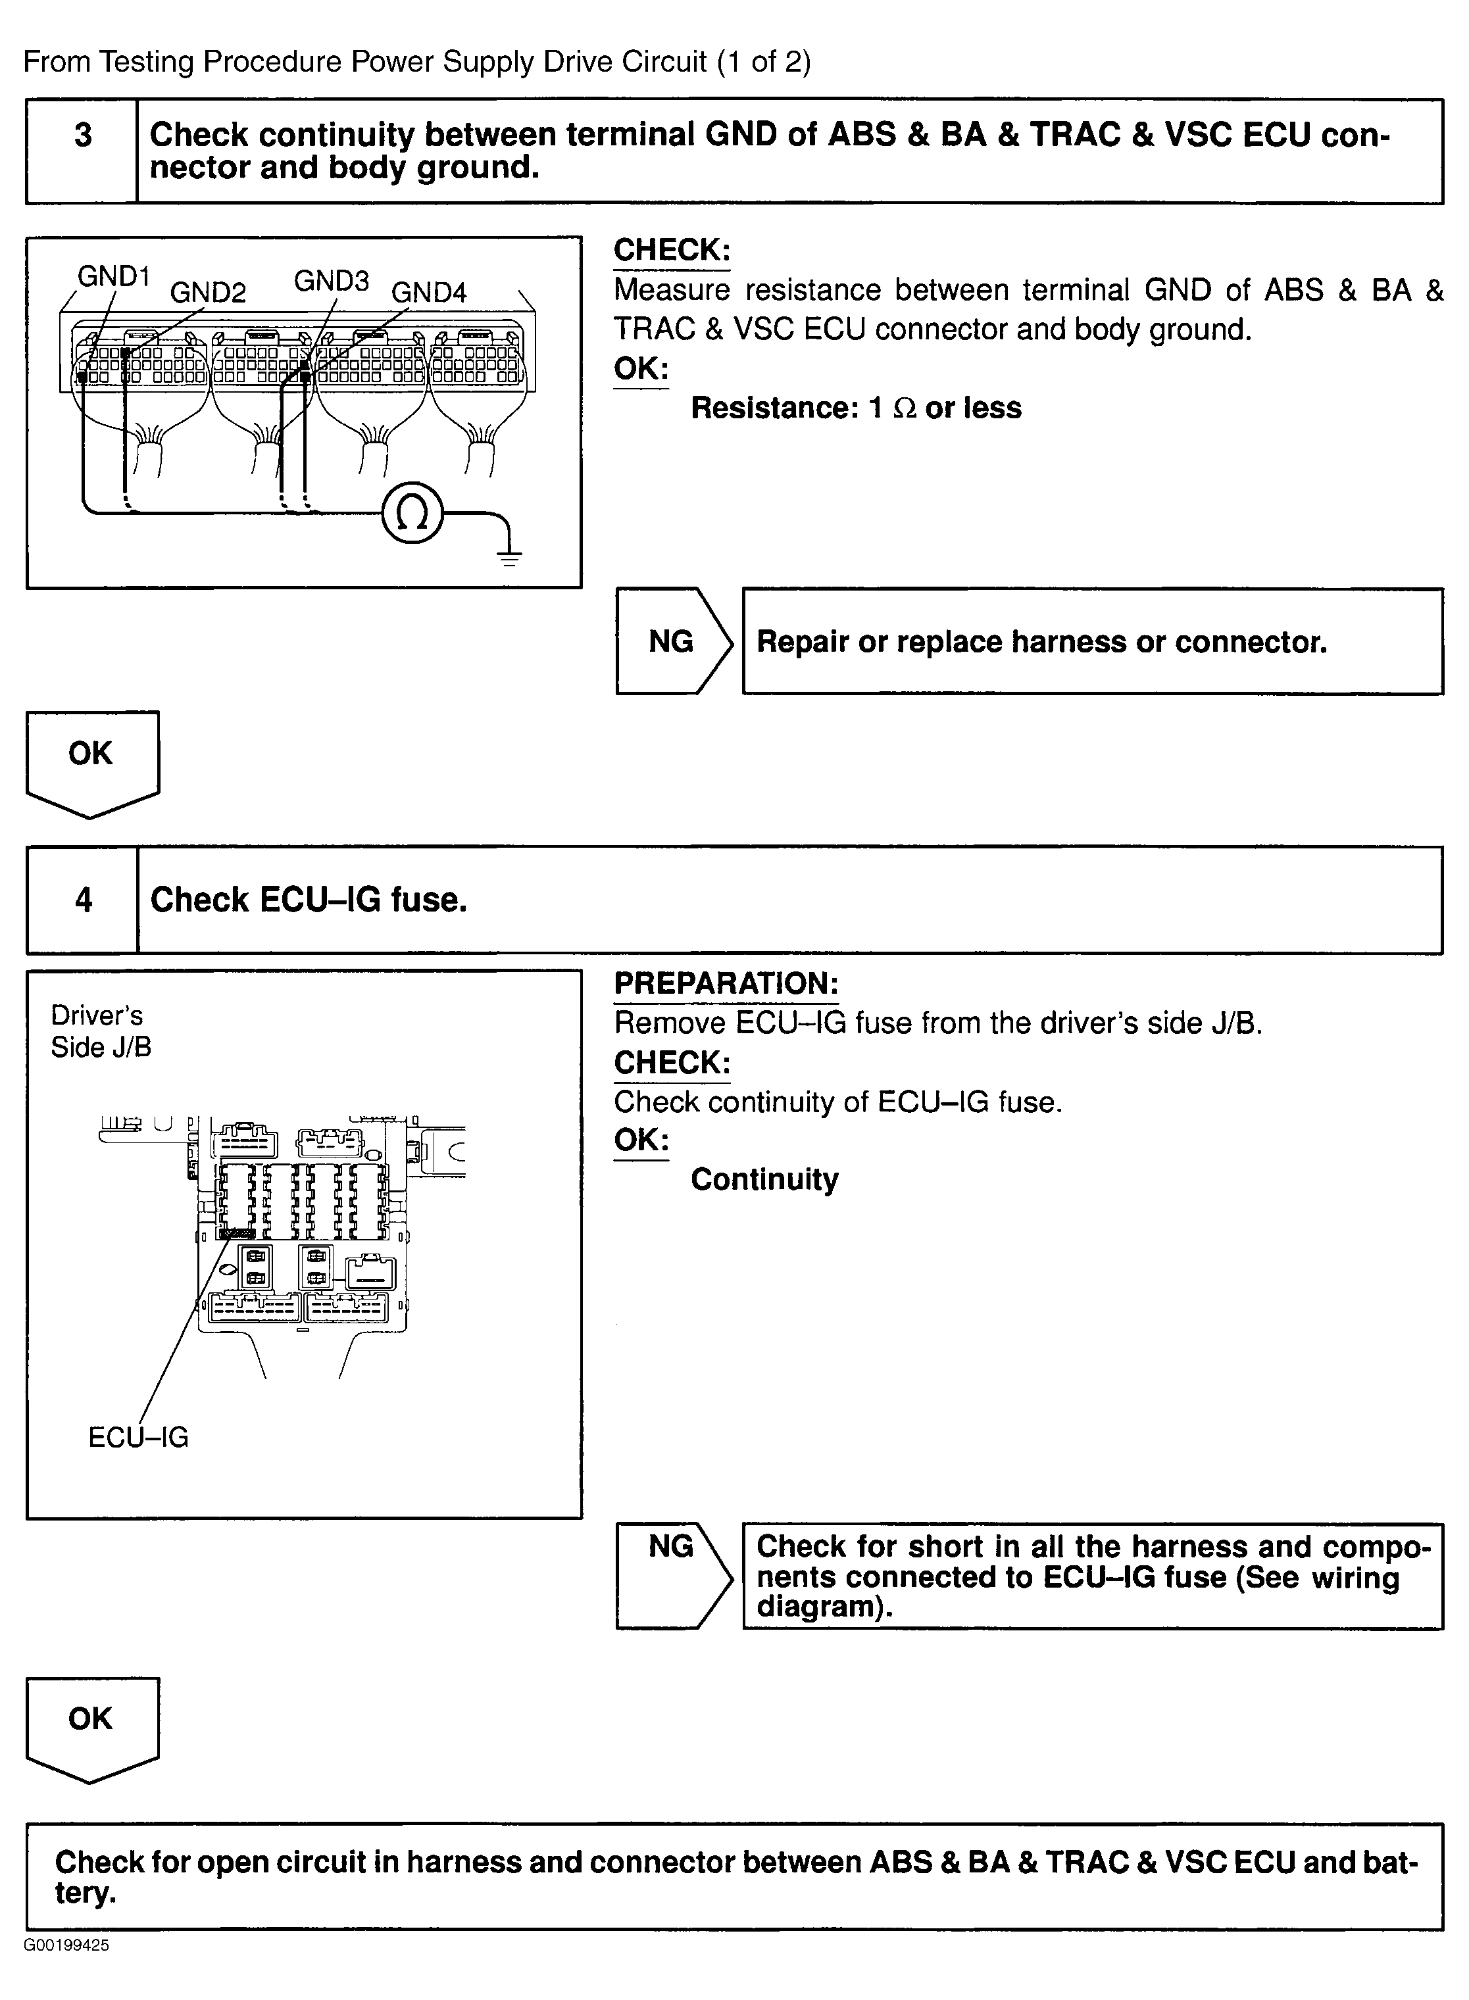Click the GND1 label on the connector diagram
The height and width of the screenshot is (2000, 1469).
(x=113, y=276)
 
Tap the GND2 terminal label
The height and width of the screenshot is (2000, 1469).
(x=207, y=293)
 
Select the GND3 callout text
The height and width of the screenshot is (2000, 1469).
(x=331, y=281)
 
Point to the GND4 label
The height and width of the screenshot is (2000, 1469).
(x=429, y=293)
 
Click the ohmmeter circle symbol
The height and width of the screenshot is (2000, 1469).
(x=412, y=514)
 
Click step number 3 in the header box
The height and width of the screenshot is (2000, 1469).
(x=83, y=135)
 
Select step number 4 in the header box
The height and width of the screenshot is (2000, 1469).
(x=83, y=900)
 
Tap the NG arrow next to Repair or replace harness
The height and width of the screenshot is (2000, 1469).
(x=673, y=641)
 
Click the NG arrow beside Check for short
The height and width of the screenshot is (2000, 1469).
(x=673, y=1575)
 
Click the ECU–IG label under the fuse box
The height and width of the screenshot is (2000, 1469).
(x=138, y=1437)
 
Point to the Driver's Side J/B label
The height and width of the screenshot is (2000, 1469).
(x=99, y=1031)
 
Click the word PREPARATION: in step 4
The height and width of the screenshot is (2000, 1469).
(x=726, y=983)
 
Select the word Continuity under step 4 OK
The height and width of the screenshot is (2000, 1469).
(x=764, y=1180)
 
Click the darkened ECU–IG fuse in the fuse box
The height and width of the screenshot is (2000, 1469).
(x=237, y=1233)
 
